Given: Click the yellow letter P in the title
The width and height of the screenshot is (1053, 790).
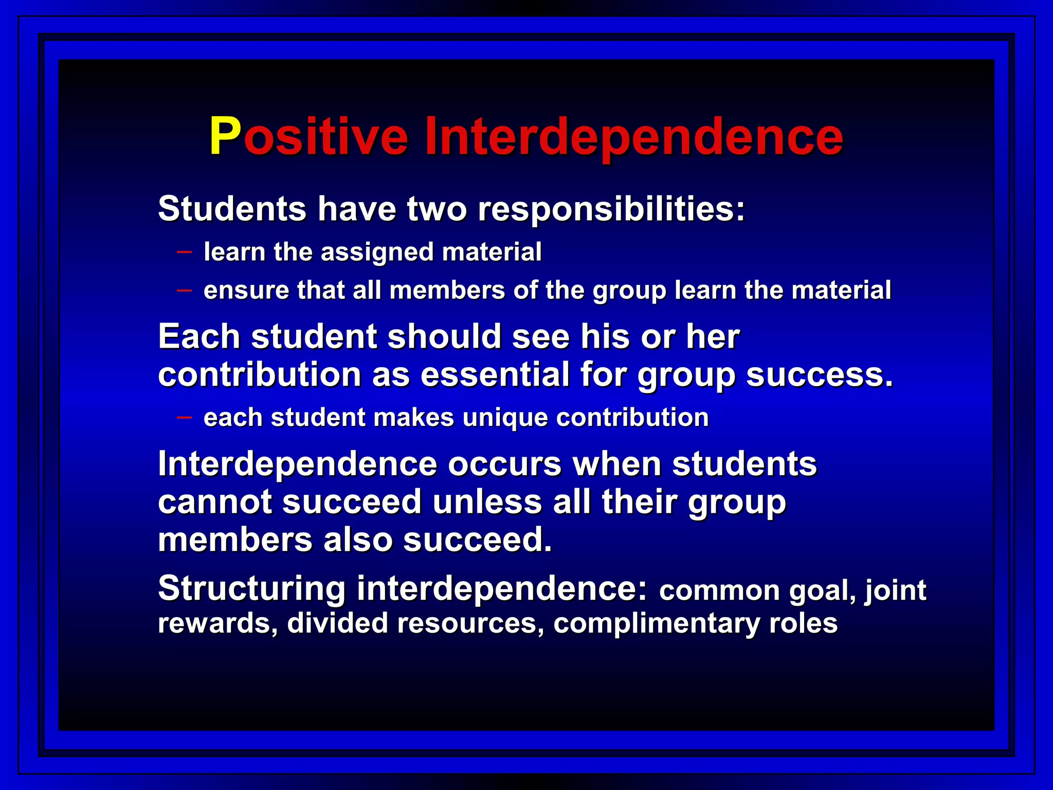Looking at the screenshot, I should pyautogui.click(x=225, y=136).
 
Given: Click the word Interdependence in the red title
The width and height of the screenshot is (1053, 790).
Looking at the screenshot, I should pyautogui.click(x=633, y=136).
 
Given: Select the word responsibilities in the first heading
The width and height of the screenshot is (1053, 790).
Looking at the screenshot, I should pyautogui.click(x=611, y=209).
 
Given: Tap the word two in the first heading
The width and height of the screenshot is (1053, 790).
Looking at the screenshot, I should pyautogui.click(x=437, y=209).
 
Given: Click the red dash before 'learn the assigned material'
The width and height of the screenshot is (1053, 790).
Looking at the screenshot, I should pyautogui.click(x=184, y=252).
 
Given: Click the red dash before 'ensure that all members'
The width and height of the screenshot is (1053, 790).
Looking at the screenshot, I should pyautogui.click(x=184, y=291).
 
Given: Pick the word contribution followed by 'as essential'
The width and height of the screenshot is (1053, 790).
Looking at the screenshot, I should pyautogui.click(x=260, y=375).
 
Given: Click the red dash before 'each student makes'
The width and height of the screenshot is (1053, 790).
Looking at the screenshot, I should pyautogui.click(x=184, y=417).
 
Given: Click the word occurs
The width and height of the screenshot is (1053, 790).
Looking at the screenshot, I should pyautogui.click(x=504, y=464).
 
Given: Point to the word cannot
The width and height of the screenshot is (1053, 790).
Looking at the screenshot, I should pyautogui.click(x=214, y=502).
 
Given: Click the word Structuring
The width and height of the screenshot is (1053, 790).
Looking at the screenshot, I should pyautogui.click(x=251, y=589).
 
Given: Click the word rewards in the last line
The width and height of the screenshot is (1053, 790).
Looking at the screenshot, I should pyautogui.click(x=217, y=624).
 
